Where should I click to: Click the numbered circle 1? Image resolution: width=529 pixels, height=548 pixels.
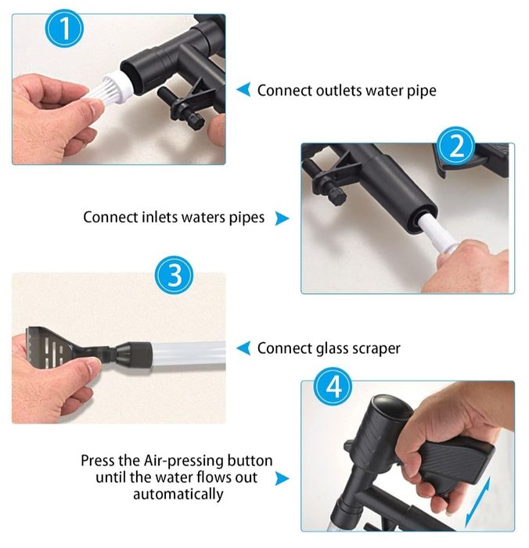[65, 29]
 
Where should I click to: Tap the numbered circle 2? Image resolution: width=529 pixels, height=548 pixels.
[456, 146]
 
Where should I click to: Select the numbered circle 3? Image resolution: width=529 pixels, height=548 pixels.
[174, 275]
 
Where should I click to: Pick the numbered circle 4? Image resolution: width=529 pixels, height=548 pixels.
[333, 387]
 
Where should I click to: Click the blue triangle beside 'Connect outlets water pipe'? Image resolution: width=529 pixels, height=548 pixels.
[243, 89]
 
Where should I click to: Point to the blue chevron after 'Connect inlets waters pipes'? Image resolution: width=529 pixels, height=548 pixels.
[282, 218]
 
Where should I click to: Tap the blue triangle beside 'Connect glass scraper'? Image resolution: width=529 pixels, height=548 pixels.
[243, 348]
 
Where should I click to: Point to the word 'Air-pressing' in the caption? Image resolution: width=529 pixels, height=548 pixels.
[183, 460]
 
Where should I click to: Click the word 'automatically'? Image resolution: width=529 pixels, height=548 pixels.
[178, 495]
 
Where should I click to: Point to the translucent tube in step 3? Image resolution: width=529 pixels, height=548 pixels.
[189, 353]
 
